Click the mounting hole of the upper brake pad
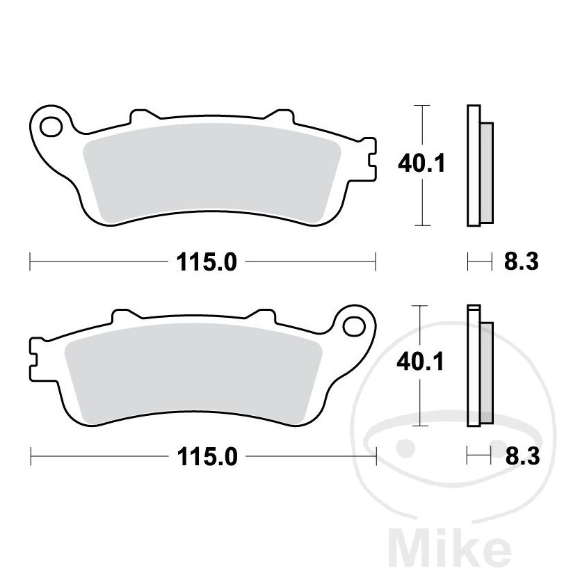[x=51, y=127]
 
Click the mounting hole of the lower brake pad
[x=353, y=327]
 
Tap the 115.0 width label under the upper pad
[x=207, y=262]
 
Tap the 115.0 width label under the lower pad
[x=207, y=457]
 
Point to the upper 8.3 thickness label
[x=522, y=262]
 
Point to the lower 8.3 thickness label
[x=523, y=456]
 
